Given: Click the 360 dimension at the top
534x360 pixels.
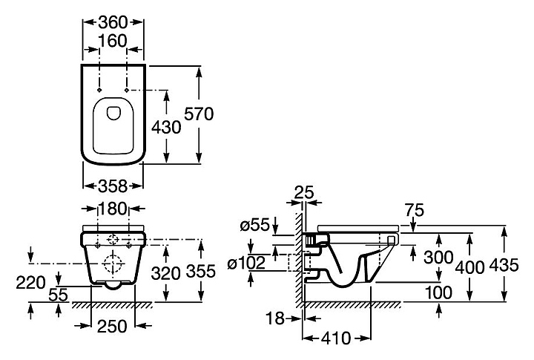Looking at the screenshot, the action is click(113, 22).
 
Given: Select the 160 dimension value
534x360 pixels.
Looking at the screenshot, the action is click(113, 42).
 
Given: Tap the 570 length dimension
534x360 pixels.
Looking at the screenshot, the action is click(199, 114).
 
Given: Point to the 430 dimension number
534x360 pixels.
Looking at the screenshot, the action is click(166, 128).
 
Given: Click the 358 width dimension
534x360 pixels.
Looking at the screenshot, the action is click(113, 186).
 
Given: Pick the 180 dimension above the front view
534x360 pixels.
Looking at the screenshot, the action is click(113, 209).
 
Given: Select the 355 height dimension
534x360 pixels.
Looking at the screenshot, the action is click(201, 272).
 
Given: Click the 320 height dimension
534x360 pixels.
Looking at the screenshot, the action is click(166, 273).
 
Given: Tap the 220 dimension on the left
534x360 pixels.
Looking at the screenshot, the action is click(30, 283).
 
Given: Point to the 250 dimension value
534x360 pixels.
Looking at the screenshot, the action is click(112, 327).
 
